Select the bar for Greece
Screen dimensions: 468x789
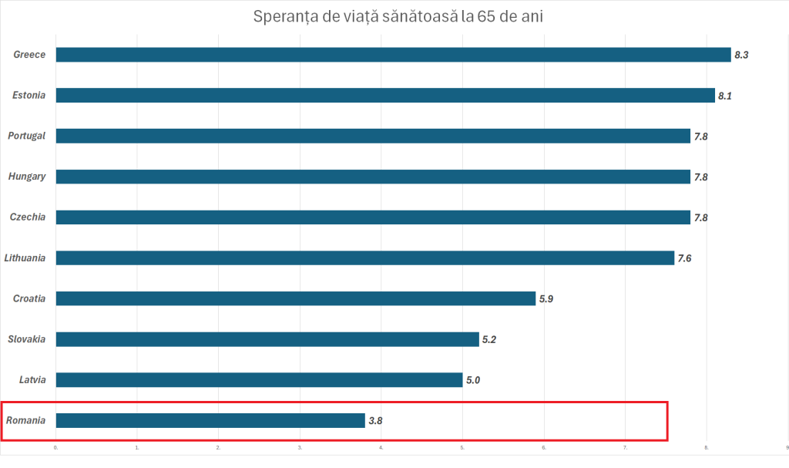393,55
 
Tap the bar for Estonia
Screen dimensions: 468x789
385,96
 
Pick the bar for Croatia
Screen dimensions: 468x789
295,298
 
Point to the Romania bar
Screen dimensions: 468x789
210,420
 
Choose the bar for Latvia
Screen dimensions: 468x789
259,379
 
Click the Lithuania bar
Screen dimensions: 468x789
364,258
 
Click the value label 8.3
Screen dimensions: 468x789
741,55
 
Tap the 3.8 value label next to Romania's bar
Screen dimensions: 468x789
376,421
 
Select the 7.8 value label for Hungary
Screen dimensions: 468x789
700,177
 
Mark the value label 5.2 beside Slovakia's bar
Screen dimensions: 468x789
489,339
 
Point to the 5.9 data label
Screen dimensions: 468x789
546,298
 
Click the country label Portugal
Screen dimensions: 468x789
27,136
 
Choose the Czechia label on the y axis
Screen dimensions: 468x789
28,217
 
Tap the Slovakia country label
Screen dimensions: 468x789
27,338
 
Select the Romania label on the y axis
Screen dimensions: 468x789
25,420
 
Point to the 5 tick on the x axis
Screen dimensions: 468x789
462,447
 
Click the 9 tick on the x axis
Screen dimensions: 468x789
787,447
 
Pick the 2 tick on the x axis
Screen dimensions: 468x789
218,447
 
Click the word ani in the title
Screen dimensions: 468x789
532,17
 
